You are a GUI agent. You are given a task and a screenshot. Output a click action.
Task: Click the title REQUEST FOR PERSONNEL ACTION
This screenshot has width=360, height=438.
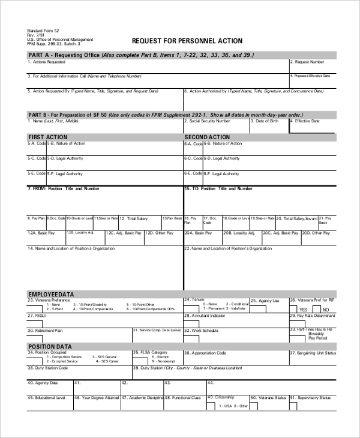187,41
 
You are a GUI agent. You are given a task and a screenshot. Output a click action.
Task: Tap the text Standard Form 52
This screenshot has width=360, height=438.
43,31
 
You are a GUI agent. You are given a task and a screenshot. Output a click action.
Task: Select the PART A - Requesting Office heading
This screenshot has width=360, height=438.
64,55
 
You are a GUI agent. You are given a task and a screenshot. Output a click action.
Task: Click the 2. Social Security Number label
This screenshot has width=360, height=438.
207,121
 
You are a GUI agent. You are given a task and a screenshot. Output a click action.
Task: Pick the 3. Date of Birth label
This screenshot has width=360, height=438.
265,121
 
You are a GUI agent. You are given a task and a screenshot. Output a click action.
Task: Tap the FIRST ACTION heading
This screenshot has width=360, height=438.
48,137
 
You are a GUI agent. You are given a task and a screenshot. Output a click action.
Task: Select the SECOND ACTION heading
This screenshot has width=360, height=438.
207,137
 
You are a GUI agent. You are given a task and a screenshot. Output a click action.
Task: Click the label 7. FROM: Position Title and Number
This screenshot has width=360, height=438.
64,188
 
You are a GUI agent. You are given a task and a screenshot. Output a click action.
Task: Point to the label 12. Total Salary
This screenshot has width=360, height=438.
134,219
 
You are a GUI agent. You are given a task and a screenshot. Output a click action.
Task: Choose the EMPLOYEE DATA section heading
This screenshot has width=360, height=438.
51,294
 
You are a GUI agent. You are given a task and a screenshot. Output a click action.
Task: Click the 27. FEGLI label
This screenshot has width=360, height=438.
37,315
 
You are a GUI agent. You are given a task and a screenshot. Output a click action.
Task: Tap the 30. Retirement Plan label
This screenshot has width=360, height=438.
45,330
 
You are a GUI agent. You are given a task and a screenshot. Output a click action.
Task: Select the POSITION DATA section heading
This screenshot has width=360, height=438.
50,346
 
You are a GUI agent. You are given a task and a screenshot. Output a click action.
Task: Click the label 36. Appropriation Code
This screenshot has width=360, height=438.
205,353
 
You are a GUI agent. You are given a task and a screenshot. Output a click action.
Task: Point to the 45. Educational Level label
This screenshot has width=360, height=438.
46,397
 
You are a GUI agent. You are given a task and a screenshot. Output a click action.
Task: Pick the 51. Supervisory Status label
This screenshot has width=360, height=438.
310,397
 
